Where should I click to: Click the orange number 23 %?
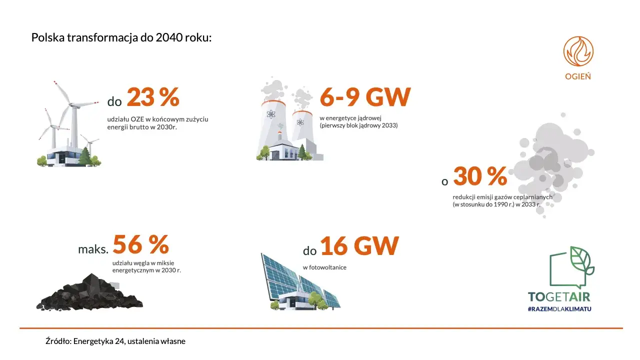point(152,97)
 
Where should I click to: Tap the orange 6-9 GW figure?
point(365,97)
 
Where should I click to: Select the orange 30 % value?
point(480,176)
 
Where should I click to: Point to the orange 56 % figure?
point(141,244)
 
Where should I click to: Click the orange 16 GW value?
point(359,245)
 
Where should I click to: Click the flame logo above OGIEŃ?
point(578,51)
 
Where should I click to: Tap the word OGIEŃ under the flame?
point(578,76)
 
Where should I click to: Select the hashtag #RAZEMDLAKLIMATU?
point(559,309)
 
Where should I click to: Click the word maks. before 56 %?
point(93,249)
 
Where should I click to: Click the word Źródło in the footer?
point(57,341)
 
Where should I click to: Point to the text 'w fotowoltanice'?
point(324,267)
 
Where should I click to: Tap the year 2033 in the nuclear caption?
point(388,125)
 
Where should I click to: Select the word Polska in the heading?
point(45,38)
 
